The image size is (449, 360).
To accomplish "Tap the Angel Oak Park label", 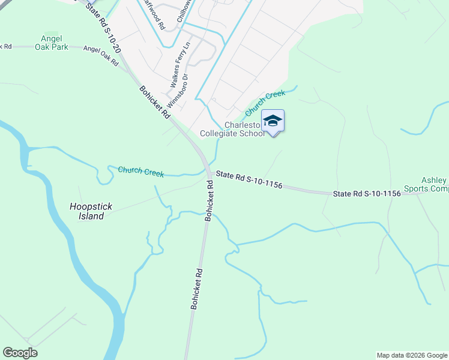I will (x=51, y=43).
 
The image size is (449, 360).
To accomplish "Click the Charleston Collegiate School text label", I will (x=244, y=130).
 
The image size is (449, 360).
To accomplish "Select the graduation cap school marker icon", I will (x=273, y=121).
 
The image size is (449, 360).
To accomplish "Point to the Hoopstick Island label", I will (x=88, y=211).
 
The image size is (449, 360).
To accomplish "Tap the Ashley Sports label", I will (x=433, y=185).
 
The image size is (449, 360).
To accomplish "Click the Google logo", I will (x=20, y=353).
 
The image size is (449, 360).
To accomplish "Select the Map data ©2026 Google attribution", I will (x=411, y=355).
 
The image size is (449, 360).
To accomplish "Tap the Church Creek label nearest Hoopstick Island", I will (x=140, y=172).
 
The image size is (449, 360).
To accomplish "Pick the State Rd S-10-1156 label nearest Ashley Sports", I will (x=367, y=193).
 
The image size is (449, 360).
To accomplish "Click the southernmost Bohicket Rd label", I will (x=197, y=289).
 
